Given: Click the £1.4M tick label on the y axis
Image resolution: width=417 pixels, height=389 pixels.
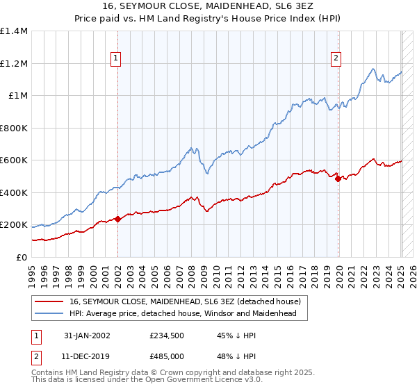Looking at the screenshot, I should coord(14,31).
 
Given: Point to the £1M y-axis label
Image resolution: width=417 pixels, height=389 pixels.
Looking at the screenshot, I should coord(18,96).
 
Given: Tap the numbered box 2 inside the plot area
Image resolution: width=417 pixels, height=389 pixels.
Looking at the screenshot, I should coord(336,59).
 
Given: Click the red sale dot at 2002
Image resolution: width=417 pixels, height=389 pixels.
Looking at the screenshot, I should coord(117,220).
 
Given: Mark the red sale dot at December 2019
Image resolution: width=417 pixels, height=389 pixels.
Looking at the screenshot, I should coord(338,179).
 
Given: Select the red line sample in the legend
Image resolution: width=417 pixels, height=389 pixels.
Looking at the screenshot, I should coord(49,302).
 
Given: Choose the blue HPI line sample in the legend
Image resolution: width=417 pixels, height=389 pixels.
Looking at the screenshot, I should coord(49,313).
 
